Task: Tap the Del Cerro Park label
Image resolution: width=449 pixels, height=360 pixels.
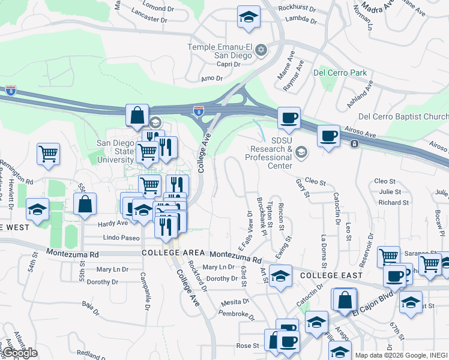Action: tap(340, 73)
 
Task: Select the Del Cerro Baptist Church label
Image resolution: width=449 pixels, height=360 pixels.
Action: tap(403, 116)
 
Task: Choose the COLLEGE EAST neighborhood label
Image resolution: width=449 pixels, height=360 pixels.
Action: tap(331, 275)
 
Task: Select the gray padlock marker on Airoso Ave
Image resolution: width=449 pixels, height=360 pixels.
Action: tap(355, 144)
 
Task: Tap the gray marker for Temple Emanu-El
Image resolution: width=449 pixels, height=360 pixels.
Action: tap(261, 49)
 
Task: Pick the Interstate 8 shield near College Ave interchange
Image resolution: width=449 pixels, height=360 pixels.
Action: tap(199, 110)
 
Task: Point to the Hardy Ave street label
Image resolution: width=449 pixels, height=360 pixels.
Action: tap(113, 223)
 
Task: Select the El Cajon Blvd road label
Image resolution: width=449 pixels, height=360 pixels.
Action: tap(372, 307)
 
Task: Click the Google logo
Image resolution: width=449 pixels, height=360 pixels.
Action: tap(19, 353)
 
